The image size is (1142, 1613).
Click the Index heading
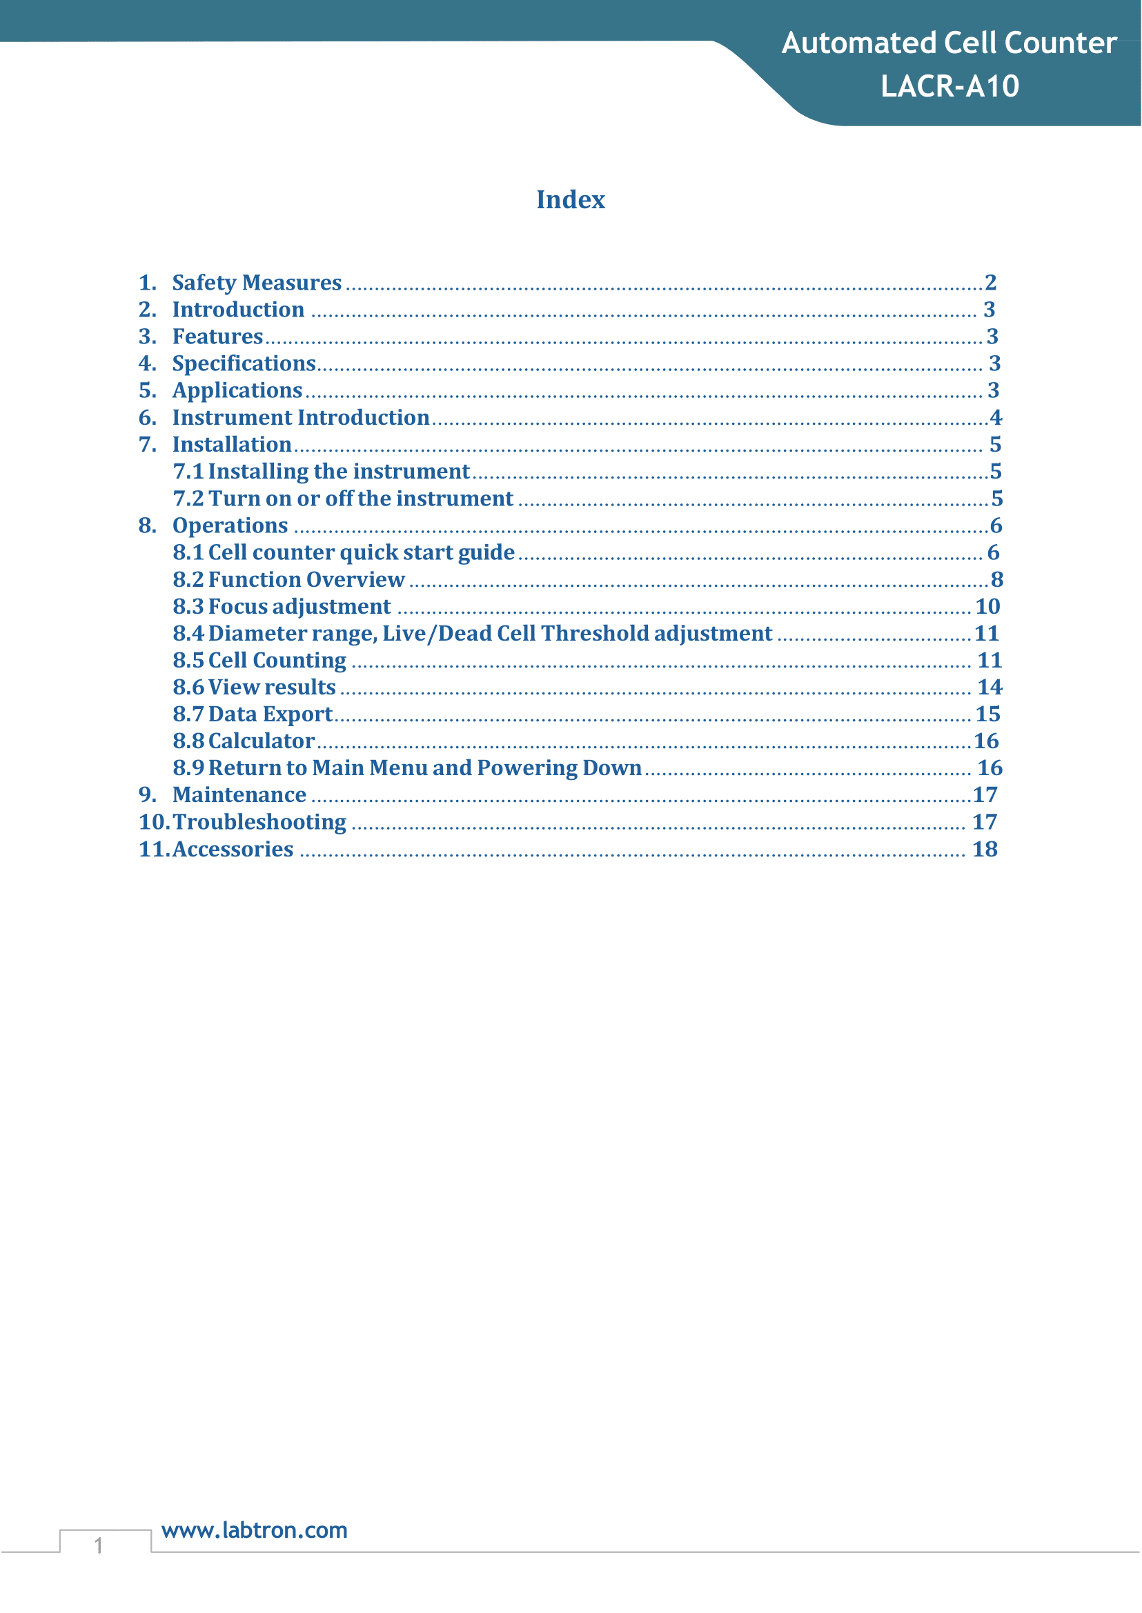[x=570, y=199]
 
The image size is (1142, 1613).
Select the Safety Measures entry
[x=257, y=283]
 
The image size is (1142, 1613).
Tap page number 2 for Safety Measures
[x=990, y=283]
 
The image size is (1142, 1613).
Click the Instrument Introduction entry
[x=300, y=417]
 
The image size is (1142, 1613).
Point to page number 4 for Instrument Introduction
[x=995, y=417]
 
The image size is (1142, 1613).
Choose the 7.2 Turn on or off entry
[x=343, y=499]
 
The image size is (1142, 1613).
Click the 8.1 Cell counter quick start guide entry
[x=344, y=552]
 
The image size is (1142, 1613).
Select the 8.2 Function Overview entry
[x=289, y=579]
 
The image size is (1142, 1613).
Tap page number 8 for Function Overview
[x=996, y=579]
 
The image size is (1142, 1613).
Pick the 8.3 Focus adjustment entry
[x=282, y=607]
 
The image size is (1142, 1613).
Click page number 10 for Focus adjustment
[x=987, y=607]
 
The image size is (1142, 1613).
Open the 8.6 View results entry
[x=255, y=687]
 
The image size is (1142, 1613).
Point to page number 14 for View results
[x=990, y=687]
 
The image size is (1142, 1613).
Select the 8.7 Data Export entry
[x=253, y=714]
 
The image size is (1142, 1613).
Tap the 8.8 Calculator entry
[x=244, y=741]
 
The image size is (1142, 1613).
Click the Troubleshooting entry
[x=259, y=821]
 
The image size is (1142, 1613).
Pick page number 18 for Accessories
[x=985, y=849]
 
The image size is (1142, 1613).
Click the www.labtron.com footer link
[x=255, y=1530]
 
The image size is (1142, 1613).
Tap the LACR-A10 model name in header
[x=949, y=86]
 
